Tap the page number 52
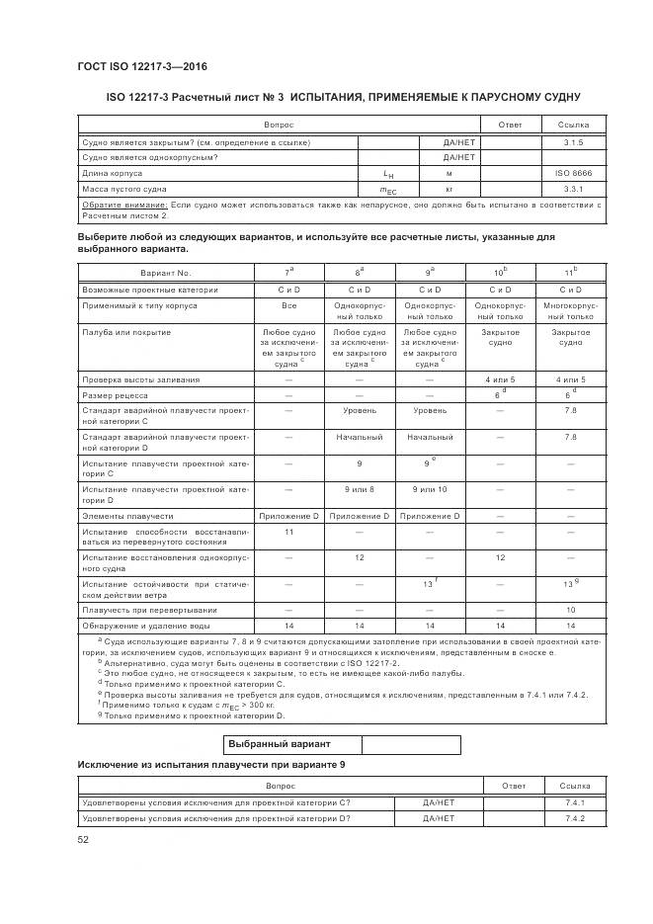point(83,839)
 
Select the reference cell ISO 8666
point(574,172)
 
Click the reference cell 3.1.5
point(574,142)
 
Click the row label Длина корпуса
point(109,172)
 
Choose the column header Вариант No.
point(165,272)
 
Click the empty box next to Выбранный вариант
point(410,744)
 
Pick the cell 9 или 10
point(429,489)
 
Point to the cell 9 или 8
point(359,489)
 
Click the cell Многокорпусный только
point(570,311)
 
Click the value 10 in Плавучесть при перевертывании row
point(570,610)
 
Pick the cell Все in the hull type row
point(288,305)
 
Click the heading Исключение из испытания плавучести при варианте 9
point(211,766)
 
